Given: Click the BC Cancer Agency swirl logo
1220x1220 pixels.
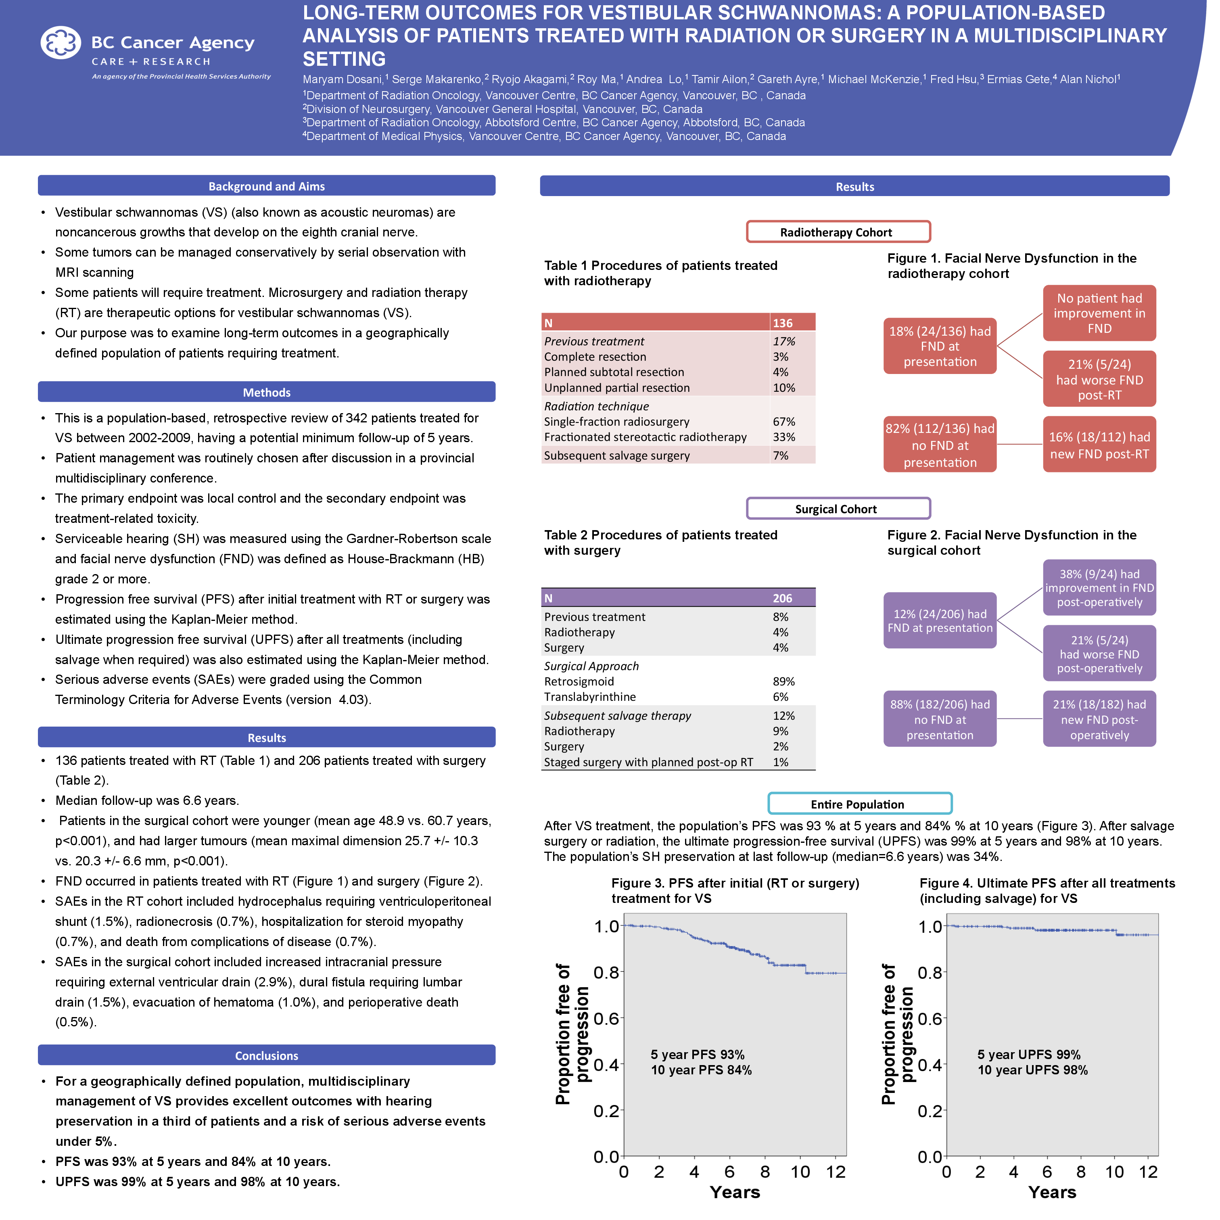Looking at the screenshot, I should coord(61,43).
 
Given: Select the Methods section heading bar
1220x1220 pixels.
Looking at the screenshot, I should coord(267,392).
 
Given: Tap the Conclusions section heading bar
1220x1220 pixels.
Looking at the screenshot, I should coord(267,1055).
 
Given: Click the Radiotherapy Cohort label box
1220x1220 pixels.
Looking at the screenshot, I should coord(838,232).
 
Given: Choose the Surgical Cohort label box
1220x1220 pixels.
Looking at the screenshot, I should coord(838,508).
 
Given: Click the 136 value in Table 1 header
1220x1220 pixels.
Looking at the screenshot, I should coord(783,323).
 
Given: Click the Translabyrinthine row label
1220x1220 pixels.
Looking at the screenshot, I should coord(590,696).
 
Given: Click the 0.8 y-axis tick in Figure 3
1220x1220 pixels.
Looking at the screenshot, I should coord(606,972).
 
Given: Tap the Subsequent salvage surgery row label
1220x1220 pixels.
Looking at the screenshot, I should coord(617,455).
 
